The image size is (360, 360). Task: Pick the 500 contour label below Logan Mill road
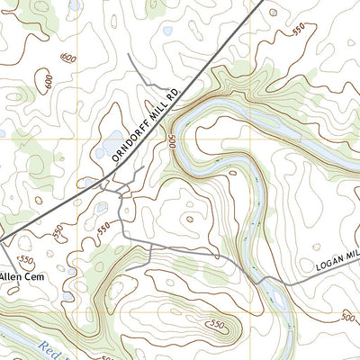pos(349,317)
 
